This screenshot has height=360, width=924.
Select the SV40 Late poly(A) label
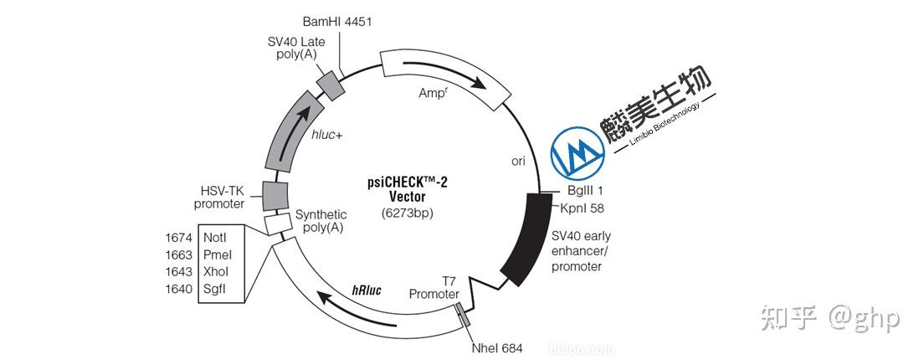(x=289, y=49)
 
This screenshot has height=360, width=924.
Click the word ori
(x=518, y=161)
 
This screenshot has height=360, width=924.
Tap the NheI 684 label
(x=498, y=347)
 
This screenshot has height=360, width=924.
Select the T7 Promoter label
(x=434, y=288)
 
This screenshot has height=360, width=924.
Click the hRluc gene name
(x=367, y=291)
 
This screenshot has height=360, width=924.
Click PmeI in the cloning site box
(x=217, y=255)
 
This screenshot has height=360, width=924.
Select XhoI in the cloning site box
(x=216, y=272)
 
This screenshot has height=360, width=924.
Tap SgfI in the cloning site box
(x=215, y=290)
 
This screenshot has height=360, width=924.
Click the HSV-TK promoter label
(x=219, y=197)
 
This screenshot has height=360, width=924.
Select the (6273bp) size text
(x=408, y=213)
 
